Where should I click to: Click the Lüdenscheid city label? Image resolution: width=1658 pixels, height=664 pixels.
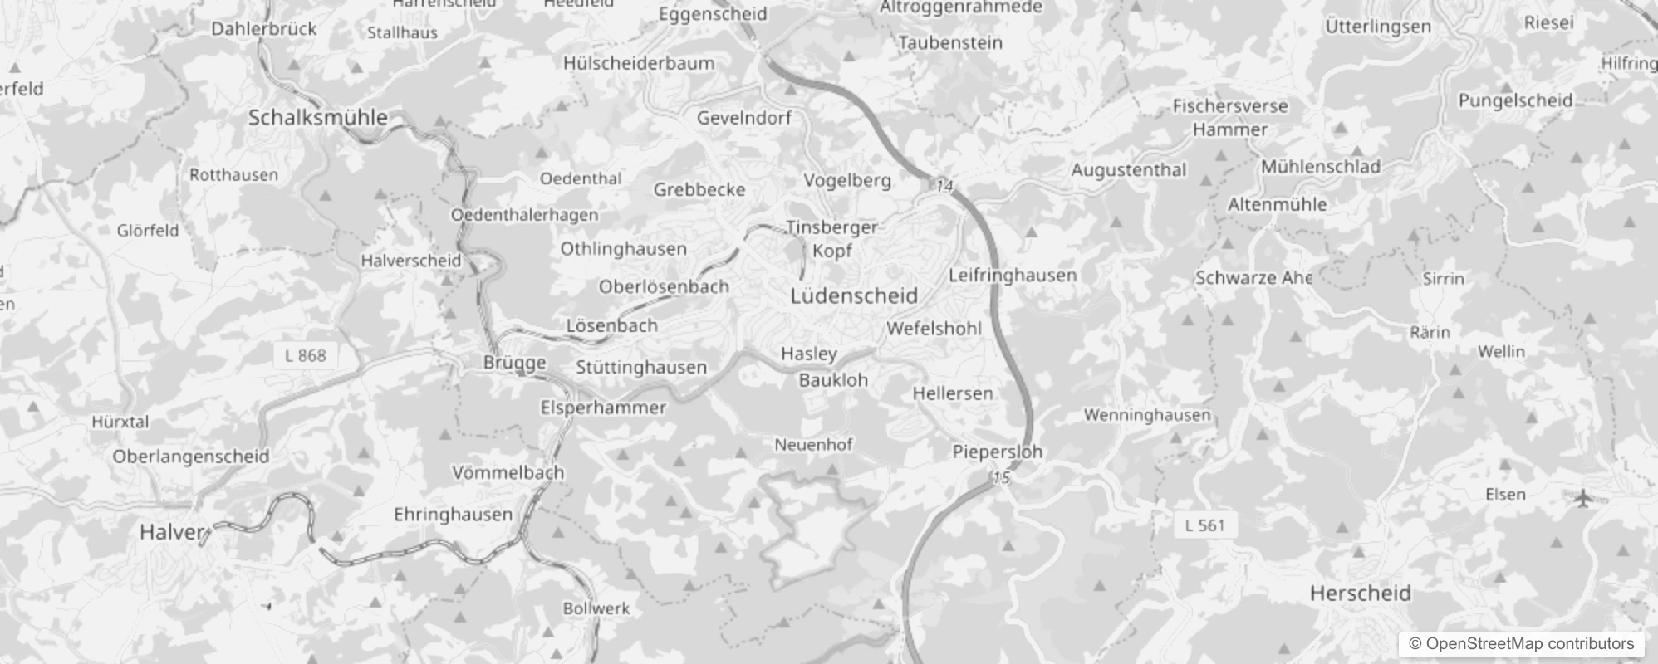854,295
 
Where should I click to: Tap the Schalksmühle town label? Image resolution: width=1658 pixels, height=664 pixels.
318,117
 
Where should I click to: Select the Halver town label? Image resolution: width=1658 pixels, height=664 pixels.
172,532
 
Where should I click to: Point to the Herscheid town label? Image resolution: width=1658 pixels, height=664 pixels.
1360,593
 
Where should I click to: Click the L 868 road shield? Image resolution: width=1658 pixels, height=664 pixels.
306,355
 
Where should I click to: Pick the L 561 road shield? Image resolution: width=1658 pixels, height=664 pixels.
1204,525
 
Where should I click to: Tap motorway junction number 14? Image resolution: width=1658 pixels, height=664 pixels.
944,186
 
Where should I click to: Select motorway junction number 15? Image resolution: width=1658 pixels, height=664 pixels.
1001,477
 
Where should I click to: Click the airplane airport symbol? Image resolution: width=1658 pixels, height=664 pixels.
1584,498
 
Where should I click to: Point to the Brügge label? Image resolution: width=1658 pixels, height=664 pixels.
515,362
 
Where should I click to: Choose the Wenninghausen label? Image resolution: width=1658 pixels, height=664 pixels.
1146,414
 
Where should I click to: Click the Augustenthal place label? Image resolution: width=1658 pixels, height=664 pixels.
1128,169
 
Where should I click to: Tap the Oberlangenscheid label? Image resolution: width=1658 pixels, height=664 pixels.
191,456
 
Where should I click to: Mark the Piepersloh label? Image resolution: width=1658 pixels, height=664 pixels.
997,452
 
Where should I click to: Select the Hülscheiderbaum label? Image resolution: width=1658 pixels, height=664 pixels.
638,63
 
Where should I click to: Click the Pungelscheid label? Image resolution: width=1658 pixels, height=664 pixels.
1515,100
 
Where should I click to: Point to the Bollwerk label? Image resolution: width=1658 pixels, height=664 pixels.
596,608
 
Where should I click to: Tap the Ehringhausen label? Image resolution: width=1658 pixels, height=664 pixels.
453,514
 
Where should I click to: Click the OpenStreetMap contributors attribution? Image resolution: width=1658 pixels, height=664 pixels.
1521,643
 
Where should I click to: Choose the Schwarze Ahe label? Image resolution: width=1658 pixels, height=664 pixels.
1253,277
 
